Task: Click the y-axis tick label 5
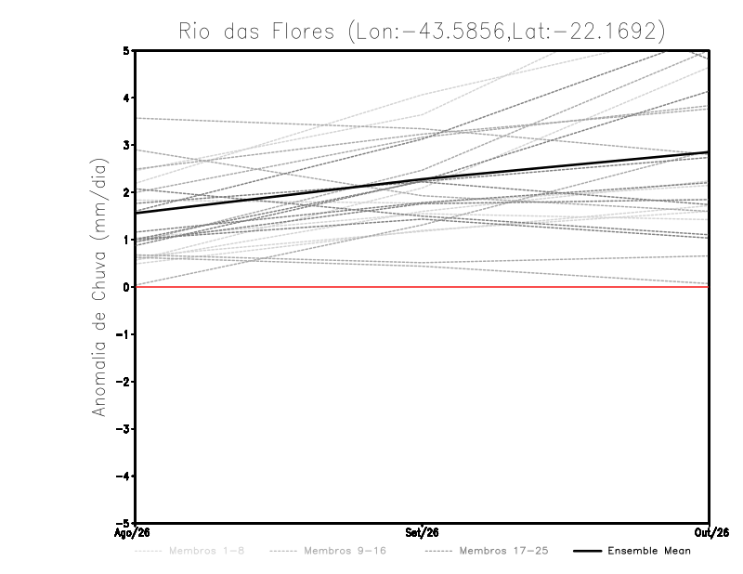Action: click(126, 50)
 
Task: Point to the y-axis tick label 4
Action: click(126, 98)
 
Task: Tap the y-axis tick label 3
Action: click(126, 145)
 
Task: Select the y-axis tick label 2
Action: click(126, 192)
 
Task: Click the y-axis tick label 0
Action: click(126, 287)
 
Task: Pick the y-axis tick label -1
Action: click(123, 334)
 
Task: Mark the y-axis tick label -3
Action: click(123, 429)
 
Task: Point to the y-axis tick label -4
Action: click(123, 476)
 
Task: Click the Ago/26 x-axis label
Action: click(132, 533)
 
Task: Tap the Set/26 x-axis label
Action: click(422, 533)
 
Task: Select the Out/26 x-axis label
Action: click(711, 533)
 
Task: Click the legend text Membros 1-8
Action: click(206, 551)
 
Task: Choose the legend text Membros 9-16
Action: click(345, 551)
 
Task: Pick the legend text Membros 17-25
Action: click(503, 551)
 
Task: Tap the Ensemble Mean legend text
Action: click(649, 551)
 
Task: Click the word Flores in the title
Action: click(304, 32)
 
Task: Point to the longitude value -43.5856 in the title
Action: click(454, 32)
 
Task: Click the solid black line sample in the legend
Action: click(588, 552)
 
